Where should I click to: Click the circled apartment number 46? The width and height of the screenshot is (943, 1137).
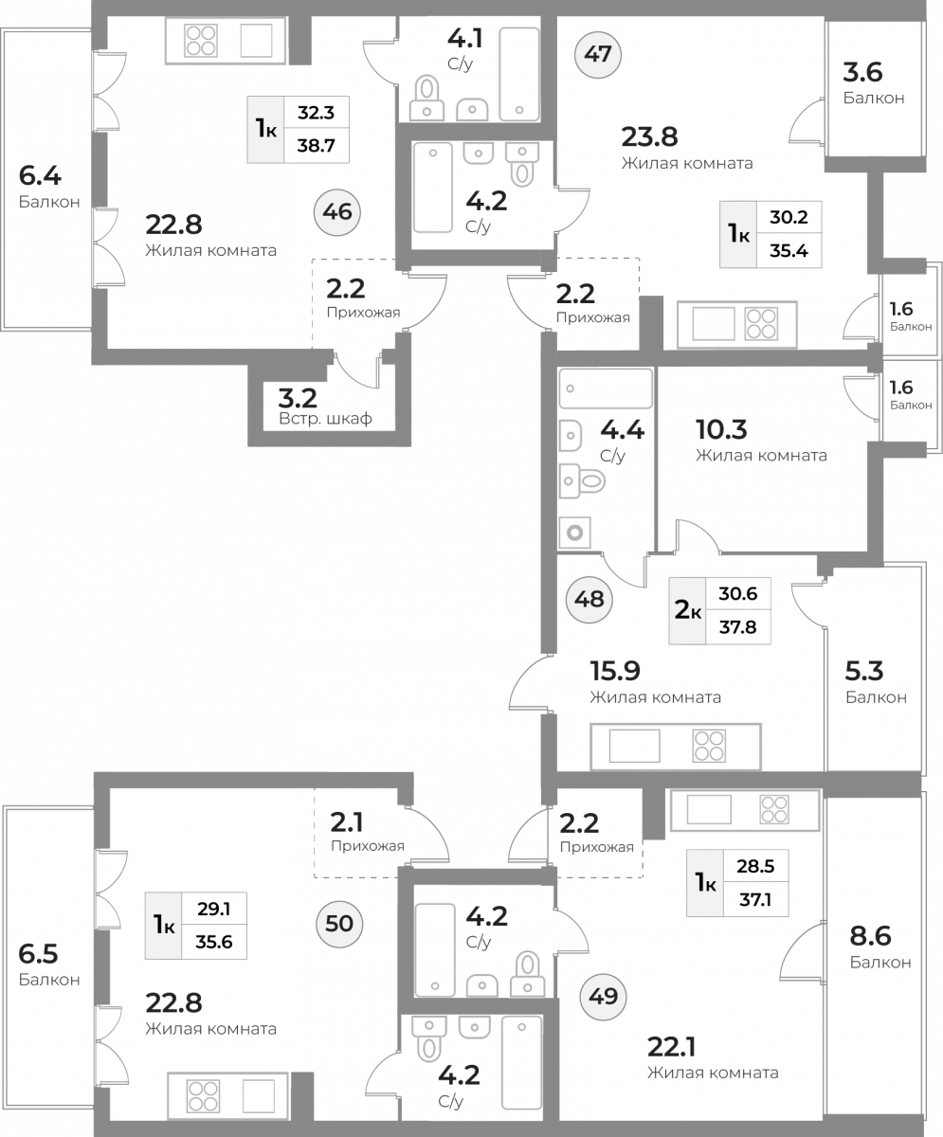[x=337, y=212]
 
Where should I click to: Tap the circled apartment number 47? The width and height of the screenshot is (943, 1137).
[x=598, y=54]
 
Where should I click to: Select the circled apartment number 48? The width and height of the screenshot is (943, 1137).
[x=589, y=600]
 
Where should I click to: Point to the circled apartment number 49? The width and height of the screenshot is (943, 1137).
[x=603, y=997]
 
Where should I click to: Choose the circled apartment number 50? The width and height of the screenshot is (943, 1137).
[x=339, y=924]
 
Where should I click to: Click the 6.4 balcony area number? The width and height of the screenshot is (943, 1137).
[x=40, y=175]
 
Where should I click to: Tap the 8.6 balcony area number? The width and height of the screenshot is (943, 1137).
[x=871, y=936]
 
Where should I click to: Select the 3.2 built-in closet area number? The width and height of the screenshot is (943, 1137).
[x=298, y=399]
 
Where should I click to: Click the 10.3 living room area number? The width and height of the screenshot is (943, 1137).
[x=722, y=429]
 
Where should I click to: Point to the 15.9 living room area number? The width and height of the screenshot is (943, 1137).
[x=616, y=671]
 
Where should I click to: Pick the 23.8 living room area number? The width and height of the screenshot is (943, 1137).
[x=650, y=136]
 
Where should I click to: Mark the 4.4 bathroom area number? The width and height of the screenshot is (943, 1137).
[x=622, y=430]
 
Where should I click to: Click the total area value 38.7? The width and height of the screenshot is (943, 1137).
[x=316, y=146]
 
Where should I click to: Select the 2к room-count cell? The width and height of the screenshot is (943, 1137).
[x=687, y=610]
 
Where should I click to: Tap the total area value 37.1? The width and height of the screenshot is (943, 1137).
[x=755, y=899]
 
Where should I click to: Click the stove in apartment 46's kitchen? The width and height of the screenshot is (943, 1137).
[x=201, y=41]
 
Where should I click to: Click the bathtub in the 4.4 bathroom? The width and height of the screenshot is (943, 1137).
[x=606, y=388]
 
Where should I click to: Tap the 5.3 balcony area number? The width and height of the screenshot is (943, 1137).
[x=864, y=671]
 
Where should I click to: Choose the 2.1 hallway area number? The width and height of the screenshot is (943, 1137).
[x=347, y=822]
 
